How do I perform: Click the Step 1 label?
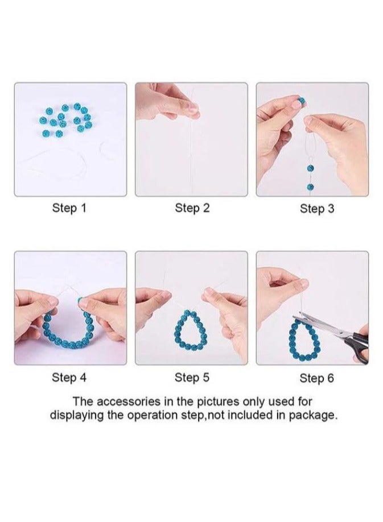(69, 208)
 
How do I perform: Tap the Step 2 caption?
(192, 208)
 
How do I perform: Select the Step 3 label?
(317, 209)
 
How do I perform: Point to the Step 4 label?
(69, 377)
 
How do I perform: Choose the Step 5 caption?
(192, 377)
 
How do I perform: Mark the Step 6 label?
(317, 378)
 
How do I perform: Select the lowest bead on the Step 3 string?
(310, 187)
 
